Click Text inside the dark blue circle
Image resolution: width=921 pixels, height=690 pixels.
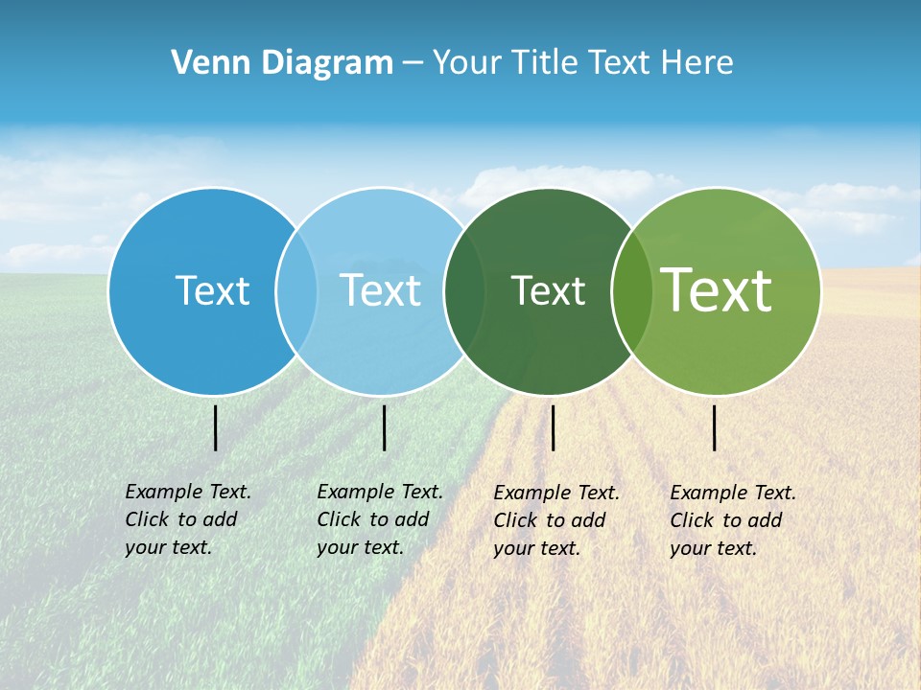click(x=212, y=290)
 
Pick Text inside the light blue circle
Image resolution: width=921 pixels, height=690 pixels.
click(x=380, y=290)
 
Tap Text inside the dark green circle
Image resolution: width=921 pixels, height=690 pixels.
click(x=548, y=290)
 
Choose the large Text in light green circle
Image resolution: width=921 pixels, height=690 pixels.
click(x=717, y=289)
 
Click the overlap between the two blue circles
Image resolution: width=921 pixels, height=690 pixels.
click(x=296, y=290)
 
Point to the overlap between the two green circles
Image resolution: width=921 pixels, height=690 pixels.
click(x=632, y=290)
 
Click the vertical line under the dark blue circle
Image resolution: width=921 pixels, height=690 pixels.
click(x=216, y=427)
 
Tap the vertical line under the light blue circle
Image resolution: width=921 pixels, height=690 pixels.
click(x=384, y=427)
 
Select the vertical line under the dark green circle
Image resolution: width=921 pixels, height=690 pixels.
click(x=554, y=427)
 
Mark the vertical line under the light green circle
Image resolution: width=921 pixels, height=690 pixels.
click(x=715, y=427)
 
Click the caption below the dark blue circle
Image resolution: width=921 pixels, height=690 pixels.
click(x=188, y=519)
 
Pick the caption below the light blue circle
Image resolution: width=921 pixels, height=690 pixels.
click(x=380, y=519)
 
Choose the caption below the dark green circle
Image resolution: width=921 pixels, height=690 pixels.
click(x=556, y=520)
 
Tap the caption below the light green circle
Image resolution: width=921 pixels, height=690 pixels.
click(x=733, y=520)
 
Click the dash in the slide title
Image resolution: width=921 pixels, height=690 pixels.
click(x=413, y=63)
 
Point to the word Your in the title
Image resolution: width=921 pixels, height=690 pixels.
click(x=466, y=62)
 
